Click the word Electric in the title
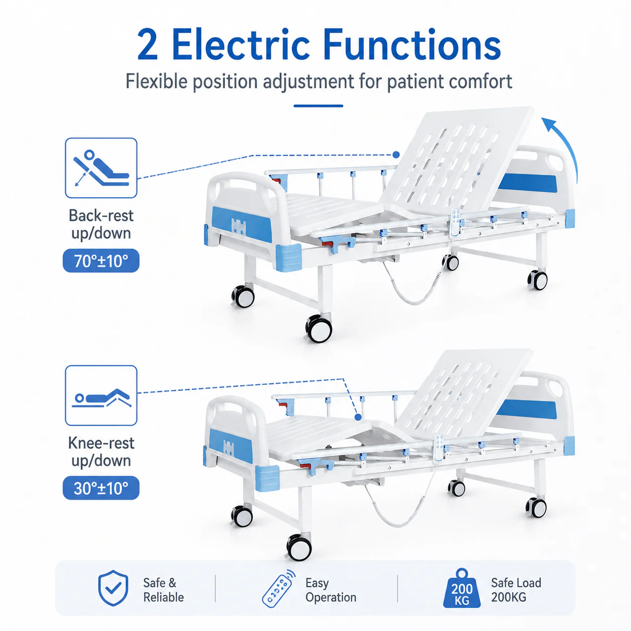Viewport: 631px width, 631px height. (x=241, y=45)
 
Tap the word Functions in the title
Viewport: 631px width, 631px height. (x=412, y=45)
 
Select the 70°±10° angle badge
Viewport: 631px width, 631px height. (x=101, y=261)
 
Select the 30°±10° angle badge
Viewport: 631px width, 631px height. (x=101, y=488)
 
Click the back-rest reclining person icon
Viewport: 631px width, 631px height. (x=101, y=168)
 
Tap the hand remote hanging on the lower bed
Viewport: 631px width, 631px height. (x=439, y=448)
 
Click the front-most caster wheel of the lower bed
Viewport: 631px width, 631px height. (x=298, y=547)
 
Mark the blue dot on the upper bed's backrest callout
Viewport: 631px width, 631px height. (x=396, y=154)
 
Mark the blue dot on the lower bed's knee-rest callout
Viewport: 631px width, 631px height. (x=358, y=417)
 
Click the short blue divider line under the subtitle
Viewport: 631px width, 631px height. (x=318, y=106)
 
